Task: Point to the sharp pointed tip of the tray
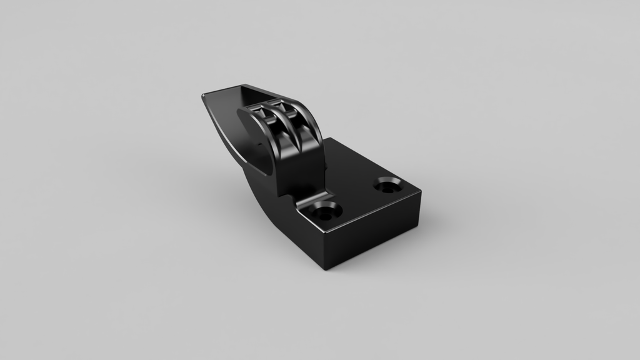point(204,96)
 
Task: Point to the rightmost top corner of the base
point(420,192)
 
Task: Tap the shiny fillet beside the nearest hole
point(306,203)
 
